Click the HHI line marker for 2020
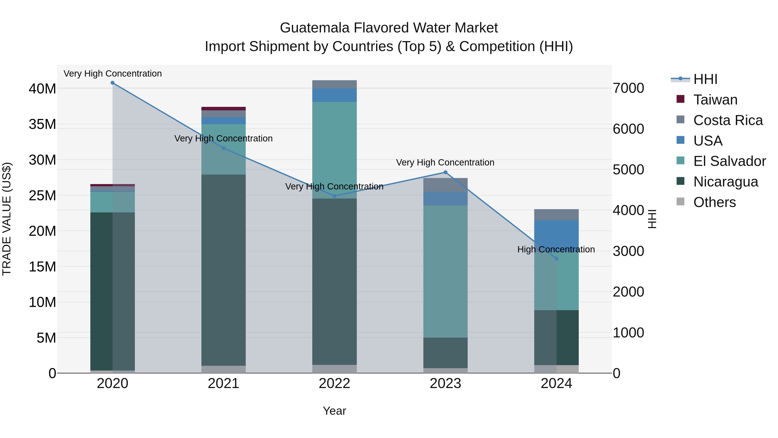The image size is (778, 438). [x=113, y=83]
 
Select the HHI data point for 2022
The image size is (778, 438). [x=334, y=196]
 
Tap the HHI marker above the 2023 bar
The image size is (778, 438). [x=445, y=172]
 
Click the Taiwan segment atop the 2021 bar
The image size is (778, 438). [x=223, y=109]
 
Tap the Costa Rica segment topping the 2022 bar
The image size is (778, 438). [x=334, y=84]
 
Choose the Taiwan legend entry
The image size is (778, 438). [x=715, y=100]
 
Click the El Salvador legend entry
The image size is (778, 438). [x=729, y=161]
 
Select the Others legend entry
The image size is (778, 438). [x=714, y=202]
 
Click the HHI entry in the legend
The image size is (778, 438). [x=705, y=79]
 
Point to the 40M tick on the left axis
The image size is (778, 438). [x=42, y=89]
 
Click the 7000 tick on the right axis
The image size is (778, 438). [x=628, y=88]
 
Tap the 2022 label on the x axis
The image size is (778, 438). [x=334, y=383]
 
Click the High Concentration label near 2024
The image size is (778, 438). [x=556, y=249]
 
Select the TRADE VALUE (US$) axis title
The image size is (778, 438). [x=7, y=219]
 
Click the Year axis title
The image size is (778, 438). [x=334, y=411]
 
